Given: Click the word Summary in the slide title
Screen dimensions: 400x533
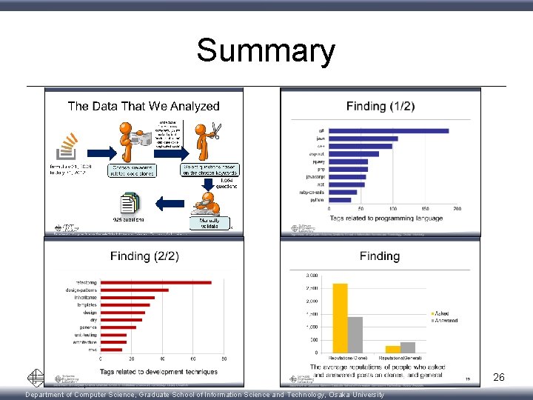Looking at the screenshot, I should [x=266, y=51].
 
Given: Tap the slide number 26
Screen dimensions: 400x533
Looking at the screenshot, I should [x=499, y=378].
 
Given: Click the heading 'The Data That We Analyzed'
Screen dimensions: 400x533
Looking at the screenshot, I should [x=144, y=106].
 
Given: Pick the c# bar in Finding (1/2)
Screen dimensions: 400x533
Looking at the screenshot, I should [x=389, y=131].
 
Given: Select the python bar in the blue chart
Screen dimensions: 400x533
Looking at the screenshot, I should [x=340, y=199].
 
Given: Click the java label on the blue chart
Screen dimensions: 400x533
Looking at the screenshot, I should [x=320, y=139].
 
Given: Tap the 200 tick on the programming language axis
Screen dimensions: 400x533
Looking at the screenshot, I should [x=457, y=209].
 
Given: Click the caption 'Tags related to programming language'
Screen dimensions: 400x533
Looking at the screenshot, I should [x=386, y=219].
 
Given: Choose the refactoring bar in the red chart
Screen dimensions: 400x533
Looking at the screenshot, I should [x=155, y=282].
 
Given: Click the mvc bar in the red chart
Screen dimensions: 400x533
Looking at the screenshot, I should [x=111, y=350].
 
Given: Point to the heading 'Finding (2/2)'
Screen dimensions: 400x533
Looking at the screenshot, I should [x=144, y=256].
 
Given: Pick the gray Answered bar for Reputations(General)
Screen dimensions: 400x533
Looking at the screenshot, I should [x=408, y=347].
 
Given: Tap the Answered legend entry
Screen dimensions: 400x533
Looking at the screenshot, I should [x=445, y=321].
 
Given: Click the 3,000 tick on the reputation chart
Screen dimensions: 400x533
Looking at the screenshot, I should [x=312, y=276].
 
